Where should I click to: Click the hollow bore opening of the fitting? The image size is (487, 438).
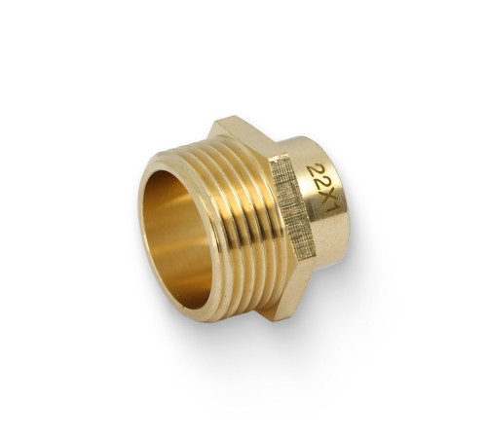click(x=178, y=239)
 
